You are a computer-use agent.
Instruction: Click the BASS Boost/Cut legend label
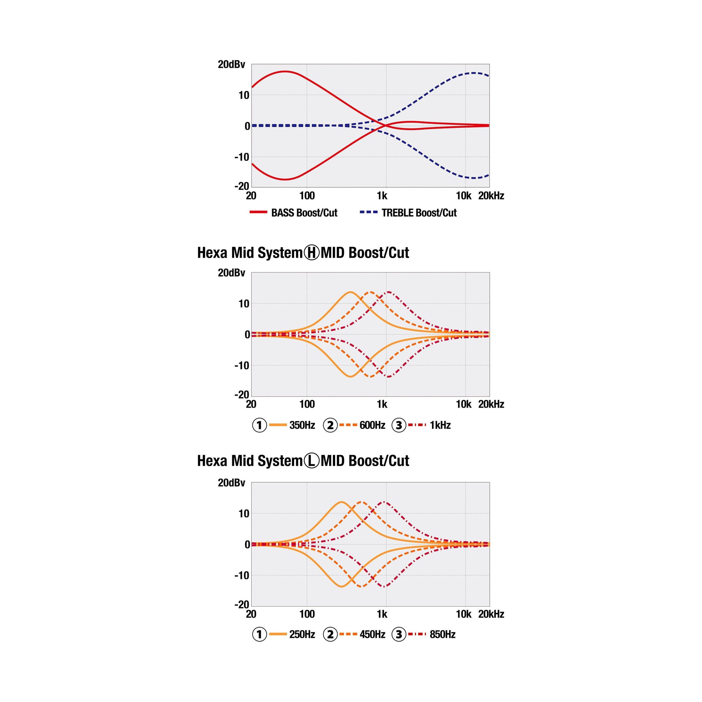(x=304, y=213)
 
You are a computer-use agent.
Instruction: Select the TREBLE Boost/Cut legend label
(x=419, y=213)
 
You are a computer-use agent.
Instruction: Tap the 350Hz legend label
(x=302, y=425)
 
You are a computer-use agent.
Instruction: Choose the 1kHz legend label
(x=440, y=425)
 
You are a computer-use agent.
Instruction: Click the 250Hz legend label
(x=302, y=634)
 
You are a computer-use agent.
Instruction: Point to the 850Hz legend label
(x=442, y=634)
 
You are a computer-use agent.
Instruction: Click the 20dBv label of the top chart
(x=231, y=65)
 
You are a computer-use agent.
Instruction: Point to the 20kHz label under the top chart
(x=491, y=196)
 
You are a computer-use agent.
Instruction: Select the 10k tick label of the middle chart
(x=463, y=404)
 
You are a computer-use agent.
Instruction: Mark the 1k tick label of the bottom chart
(x=382, y=614)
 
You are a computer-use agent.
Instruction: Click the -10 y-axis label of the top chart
(x=242, y=157)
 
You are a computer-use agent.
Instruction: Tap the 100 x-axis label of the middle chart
(x=307, y=404)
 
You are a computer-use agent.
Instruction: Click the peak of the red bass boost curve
(x=285, y=72)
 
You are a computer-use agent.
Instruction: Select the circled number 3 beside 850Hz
(x=399, y=634)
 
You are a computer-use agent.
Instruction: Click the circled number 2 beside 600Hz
(x=330, y=425)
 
